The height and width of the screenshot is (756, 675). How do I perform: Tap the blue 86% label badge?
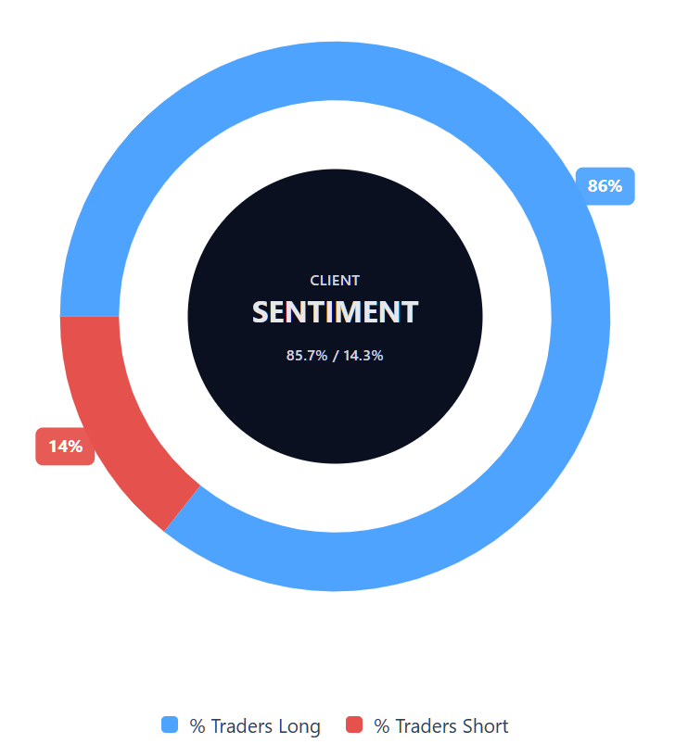(x=605, y=186)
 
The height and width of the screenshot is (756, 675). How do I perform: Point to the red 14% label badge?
(x=65, y=447)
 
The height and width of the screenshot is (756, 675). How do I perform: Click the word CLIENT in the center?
(x=335, y=281)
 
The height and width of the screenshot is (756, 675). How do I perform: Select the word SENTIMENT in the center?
(x=335, y=312)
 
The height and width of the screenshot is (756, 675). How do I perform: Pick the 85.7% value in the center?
(x=307, y=355)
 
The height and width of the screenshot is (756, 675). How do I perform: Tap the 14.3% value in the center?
(x=363, y=355)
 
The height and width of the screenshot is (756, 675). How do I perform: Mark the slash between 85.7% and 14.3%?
(x=335, y=355)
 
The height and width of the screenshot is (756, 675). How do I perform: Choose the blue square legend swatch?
(x=170, y=725)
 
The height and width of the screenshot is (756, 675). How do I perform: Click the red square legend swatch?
(x=354, y=725)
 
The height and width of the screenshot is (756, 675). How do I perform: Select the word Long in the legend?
(x=299, y=726)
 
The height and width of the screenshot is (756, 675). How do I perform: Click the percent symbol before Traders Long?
(x=197, y=726)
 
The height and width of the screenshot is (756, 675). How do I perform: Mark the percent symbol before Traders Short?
(x=382, y=726)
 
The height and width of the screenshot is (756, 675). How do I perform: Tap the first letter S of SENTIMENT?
(x=262, y=312)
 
